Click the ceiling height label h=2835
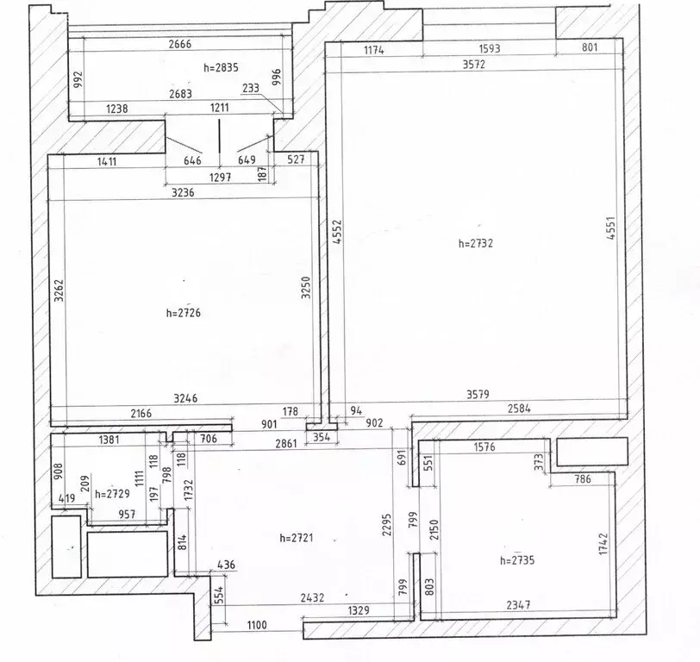pyautogui.click(x=221, y=67)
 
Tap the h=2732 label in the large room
pyautogui.click(x=476, y=243)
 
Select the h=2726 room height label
pyautogui.click(x=184, y=313)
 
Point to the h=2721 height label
pyautogui.click(x=297, y=538)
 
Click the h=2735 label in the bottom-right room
pyautogui.click(x=517, y=560)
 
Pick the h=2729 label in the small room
pyautogui.click(x=112, y=494)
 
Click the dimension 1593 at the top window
pyautogui.click(x=490, y=48)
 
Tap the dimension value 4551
pyautogui.click(x=611, y=228)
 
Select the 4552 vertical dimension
pyautogui.click(x=338, y=231)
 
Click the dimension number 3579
pyautogui.click(x=478, y=394)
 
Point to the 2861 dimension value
pyautogui.click(x=286, y=443)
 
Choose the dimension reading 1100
pyautogui.click(x=257, y=625)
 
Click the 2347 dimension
pyautogui.click(x=518, y=605)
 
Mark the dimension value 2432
pyautogui.click(x=312, y=597)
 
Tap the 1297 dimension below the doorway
pyautogui.click(x=221, y=178)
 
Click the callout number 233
pyautogui.click(x=251, y=88)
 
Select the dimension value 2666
pyautogui.click(x=180, y=44)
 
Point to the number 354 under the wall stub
pyautogui.click(x=322, y=437)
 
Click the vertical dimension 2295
pyautogui.click(x=386, y=524)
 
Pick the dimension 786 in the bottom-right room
pyautogui.click(x=583, y=479)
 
